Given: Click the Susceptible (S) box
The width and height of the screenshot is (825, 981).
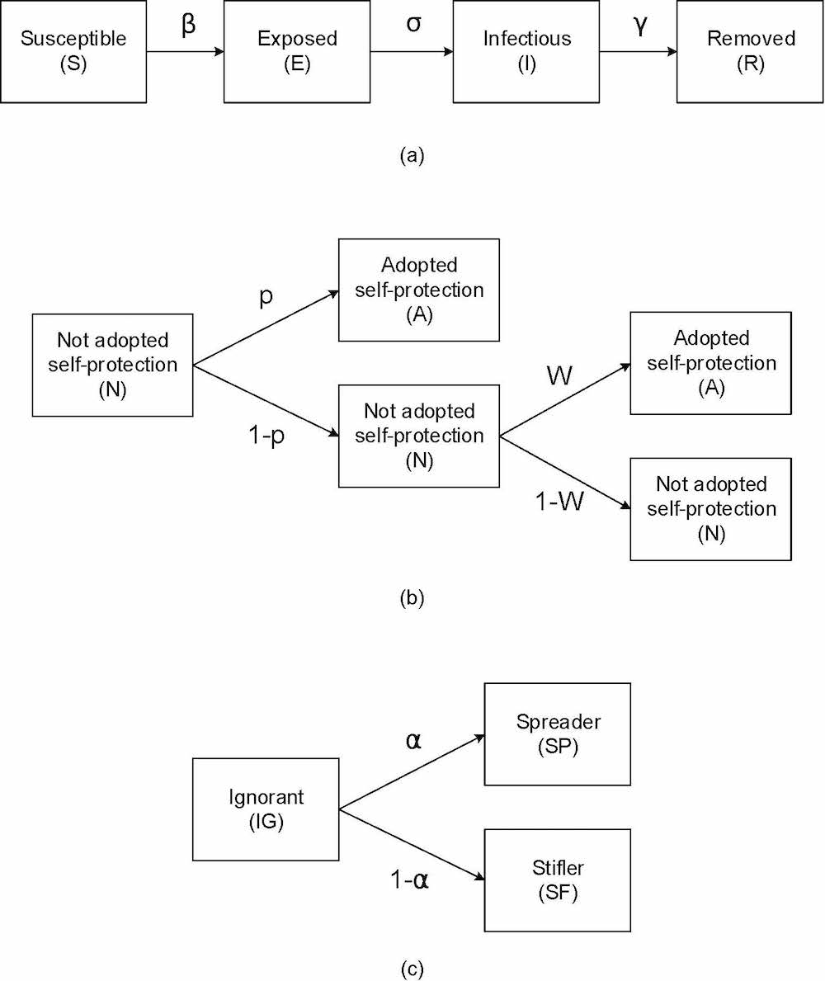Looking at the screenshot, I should [73, 51].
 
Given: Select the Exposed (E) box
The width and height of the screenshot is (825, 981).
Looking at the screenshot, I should [296, 51].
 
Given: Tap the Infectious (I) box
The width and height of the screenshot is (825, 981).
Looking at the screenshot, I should [526, 51].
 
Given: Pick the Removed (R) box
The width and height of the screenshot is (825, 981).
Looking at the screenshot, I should [750, 51].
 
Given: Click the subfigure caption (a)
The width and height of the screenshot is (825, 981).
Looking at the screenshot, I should [411, 155].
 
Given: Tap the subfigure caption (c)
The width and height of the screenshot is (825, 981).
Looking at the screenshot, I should [411, 967].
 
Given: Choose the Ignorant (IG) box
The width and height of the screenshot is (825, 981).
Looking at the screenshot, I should [266, 809].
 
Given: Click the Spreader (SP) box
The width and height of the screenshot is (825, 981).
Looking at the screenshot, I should [558, 733].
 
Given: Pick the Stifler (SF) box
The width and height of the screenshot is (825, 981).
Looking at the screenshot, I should [558, 880].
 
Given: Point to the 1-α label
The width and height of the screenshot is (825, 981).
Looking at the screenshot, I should [410, 880].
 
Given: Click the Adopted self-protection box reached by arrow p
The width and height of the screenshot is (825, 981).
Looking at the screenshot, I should [419, 290].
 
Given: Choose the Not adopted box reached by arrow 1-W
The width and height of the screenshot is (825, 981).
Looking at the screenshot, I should [710, 509].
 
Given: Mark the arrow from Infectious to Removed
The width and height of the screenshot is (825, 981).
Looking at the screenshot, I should [638, 51].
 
